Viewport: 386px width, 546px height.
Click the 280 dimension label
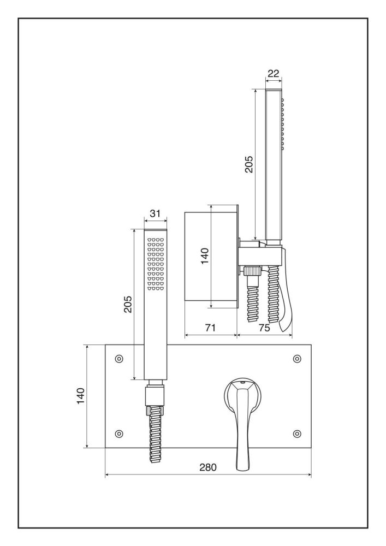tap(208, 467)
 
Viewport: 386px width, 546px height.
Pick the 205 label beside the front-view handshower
tap(126, 304)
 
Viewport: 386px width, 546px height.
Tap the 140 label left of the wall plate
tap(80, 396)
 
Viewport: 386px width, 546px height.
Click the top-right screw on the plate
tap(297, 358)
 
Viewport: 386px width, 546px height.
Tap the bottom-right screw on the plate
tap(297, 434)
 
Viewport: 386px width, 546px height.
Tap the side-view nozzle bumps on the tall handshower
tap(283, 123)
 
